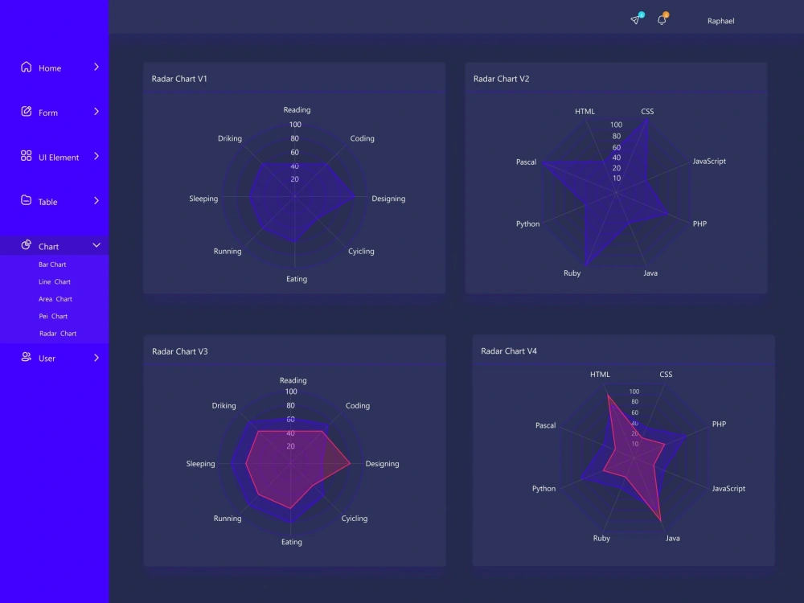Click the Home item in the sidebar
coord(50,68)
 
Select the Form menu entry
coord(48,113)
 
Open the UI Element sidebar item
coord(59,158)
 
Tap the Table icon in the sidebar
coord(27,200)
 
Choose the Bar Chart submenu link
coord(52,265)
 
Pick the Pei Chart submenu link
coord(53,316)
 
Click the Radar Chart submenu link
coord(58,334)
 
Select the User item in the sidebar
coord(47,359)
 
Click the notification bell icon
coord(662,19)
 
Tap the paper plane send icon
coord(635,19)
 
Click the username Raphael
coord(721,21)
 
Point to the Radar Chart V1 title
coord(179,79)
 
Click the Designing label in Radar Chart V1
coord(388,199)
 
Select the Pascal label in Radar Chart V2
coord(526,162)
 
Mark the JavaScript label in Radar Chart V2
coord(709,161)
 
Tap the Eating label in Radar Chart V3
coord(292,542)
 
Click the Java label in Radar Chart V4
coord(673,539)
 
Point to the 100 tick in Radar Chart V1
coord(295,125)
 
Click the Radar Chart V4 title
coord(509,351)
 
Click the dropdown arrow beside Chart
coord(96,245)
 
